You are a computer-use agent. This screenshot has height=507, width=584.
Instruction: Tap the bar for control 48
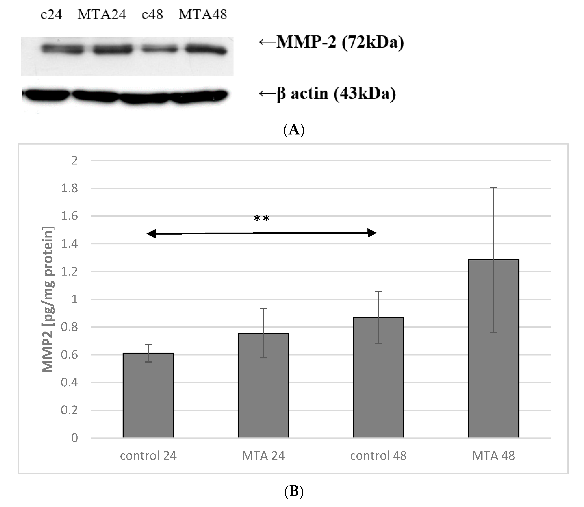coord(378,378)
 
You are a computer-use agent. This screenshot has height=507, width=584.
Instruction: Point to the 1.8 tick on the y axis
coord(70,188)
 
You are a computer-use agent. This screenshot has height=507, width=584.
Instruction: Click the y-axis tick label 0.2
coord(70,410)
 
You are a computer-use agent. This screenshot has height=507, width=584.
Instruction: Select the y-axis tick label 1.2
coord(70,272)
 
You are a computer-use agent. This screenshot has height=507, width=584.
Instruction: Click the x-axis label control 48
coord(378,456)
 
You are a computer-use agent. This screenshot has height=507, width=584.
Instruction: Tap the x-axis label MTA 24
coord(263,456)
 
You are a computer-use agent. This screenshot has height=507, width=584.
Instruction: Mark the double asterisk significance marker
coord(262,219)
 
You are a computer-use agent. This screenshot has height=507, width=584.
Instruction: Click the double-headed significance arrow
coord(262,233)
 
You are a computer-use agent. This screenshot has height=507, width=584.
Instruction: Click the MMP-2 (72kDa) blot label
coord(331,42)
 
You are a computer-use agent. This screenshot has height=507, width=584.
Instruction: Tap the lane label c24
coord(51,14)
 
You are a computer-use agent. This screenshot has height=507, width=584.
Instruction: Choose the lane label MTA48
coord(203,14)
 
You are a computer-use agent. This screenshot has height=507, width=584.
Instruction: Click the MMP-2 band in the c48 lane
coord(159,49)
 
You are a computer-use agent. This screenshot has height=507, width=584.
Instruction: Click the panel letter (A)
coord(294,130)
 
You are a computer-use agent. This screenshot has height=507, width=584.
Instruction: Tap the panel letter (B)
coord(294,492)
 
